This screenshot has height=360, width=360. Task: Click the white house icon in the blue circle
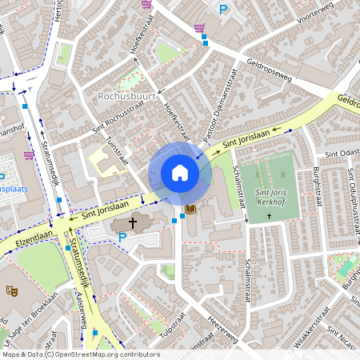point(180,173)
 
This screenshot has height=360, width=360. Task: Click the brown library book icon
point(190,210)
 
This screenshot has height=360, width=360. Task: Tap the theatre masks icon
point(11,293)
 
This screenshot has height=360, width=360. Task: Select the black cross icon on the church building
point(132,225)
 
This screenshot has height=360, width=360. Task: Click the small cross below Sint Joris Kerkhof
point(270,216)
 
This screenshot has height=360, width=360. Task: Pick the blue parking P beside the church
point(122,238)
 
